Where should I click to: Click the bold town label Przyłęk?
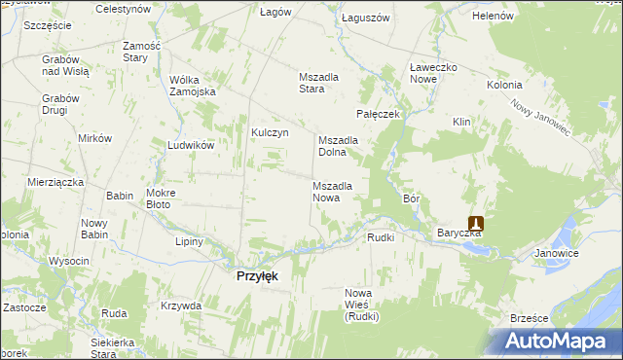258,276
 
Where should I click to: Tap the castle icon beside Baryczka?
476,223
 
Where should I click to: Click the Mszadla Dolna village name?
339,146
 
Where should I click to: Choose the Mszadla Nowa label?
339,191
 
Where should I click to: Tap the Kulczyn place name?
270,133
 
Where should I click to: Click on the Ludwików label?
190,145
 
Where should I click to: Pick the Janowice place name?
557,253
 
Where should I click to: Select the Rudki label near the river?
381,237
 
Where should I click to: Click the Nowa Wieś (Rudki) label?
361,304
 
